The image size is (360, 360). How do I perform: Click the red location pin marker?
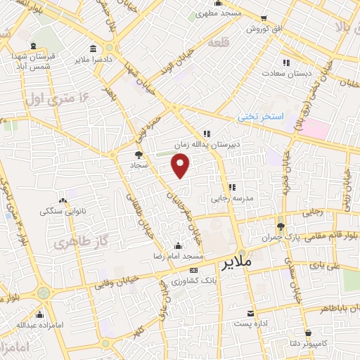181,165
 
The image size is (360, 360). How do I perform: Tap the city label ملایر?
238,264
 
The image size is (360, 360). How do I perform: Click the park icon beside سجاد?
139,154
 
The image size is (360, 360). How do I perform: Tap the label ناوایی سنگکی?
62,210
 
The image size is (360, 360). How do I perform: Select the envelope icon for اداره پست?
250,313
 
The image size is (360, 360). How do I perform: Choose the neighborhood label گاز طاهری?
75,242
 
